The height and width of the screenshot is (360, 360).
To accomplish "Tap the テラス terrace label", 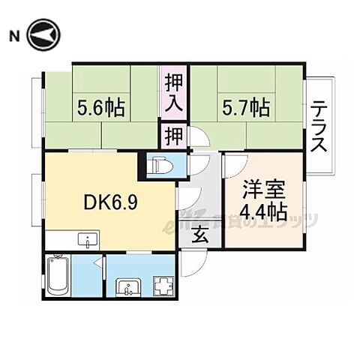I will point(319,126).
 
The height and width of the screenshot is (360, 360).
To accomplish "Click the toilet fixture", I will point(160,165).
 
